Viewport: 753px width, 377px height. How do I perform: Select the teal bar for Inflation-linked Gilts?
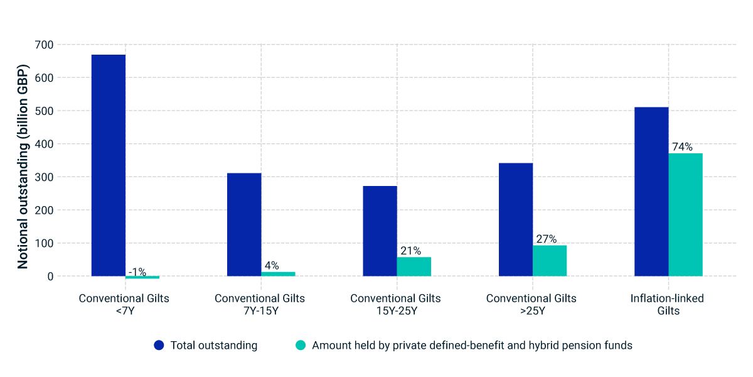pos(685,214)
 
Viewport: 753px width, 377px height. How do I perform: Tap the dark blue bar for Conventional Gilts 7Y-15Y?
pos(244,224)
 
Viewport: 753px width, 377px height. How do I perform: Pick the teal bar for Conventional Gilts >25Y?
pos(550,260)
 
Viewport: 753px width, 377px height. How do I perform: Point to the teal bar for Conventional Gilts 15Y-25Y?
pos(414,266)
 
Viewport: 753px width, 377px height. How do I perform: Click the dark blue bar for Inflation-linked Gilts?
pos(651,192)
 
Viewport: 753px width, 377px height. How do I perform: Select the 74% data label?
pos(682,147)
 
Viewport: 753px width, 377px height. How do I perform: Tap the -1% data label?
pos(137,272)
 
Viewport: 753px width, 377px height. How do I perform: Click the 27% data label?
pos(546,239)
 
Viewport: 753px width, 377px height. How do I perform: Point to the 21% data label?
pos(410,251)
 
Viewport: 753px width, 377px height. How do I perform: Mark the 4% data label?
pos(271,266)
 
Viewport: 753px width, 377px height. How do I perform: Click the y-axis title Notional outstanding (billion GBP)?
pos(23,167)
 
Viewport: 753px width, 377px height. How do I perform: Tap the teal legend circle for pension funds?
pos(301,346)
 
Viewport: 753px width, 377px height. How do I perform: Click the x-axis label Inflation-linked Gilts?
pos(668,305)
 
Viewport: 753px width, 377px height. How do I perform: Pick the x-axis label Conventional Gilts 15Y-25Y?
pos(396,305)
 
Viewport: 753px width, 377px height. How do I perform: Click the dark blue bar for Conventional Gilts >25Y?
pos(516,219)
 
